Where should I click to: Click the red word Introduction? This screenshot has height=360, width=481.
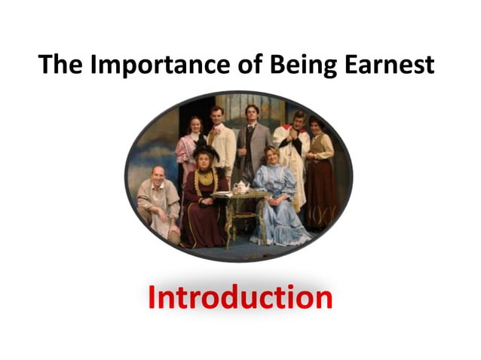pos(240,297)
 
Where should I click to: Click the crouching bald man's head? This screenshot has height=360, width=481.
pos(158,175)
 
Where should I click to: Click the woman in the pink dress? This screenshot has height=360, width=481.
pos(188,151)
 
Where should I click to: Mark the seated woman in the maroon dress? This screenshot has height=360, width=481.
pos(204,203)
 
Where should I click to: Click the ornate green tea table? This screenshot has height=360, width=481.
pos(239,211)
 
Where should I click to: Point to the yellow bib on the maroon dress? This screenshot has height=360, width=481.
pos(205,182)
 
